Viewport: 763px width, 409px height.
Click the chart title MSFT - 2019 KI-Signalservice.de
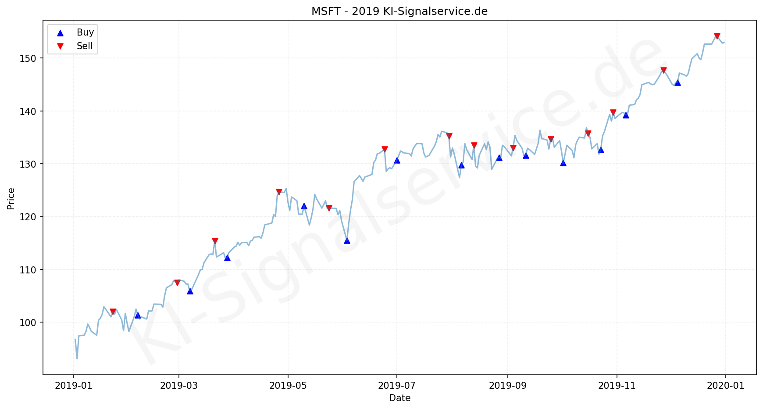[x=399, y=11]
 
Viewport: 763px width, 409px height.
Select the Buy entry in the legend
[x=85, y=32]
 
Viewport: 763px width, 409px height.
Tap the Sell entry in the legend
[x=85, y=46]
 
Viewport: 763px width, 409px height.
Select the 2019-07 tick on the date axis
[x=396, y=386]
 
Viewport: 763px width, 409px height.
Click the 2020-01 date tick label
[x=725, y=386]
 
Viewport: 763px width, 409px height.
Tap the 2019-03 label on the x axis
[x=178, y=386]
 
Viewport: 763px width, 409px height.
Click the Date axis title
[x=399, y=398]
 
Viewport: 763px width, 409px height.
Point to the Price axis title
[x=11, y=198]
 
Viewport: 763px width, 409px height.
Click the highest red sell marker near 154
[x=717, y=36]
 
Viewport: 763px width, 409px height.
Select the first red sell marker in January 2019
[x=113, y=312]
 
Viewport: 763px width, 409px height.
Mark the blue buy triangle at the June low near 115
[x=347, y=240]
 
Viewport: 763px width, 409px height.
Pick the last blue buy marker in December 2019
[x=677, y=83]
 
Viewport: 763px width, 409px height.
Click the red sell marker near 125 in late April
[x=279, y=192]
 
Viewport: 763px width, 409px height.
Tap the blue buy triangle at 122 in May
[x=304, y=206]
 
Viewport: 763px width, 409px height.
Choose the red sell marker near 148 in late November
[x=663, y=70]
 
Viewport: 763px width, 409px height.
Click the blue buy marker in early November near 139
[x=626, y=115]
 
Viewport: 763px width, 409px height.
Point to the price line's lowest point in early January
[x=77, y=359]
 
